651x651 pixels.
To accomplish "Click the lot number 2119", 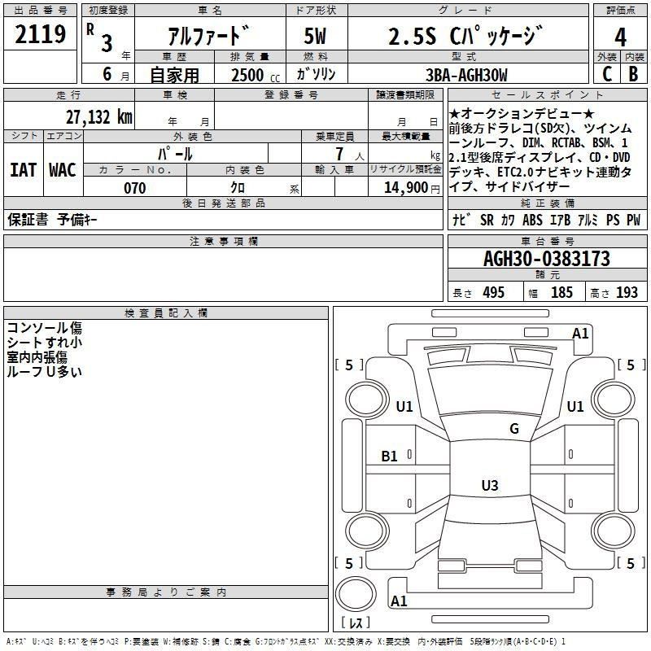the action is tap(40, 34).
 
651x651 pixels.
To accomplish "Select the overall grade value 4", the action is tap(620, 37).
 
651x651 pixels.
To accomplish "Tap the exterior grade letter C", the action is tap(607, 74).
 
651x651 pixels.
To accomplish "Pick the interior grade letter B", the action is tap(634, 74).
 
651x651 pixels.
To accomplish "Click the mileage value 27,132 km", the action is tap(99, 117).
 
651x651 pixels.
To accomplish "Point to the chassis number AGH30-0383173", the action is tap(547, 259).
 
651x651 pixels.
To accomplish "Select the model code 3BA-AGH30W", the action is tap(466, 75).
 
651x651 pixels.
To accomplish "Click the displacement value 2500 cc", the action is tap(256, 75).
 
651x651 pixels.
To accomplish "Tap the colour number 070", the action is tap(135, 188).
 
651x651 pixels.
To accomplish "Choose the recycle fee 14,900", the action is tap(406, 188).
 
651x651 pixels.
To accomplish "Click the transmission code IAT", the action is tap(24, 170).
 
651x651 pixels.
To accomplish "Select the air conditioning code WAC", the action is tap(63, 170).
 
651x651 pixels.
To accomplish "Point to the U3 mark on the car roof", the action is tap(490, 485).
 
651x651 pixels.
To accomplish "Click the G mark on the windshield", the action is tap(514, 428).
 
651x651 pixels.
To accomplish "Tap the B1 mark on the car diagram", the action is tap(389, 457).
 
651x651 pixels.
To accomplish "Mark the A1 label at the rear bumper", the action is tap(399, 601).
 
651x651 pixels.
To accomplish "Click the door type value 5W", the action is tap(315, 36).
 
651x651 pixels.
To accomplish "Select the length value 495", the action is tap(494, 292).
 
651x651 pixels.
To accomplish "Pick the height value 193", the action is tap(627, 292).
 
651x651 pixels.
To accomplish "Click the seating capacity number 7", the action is tap(339, 154).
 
